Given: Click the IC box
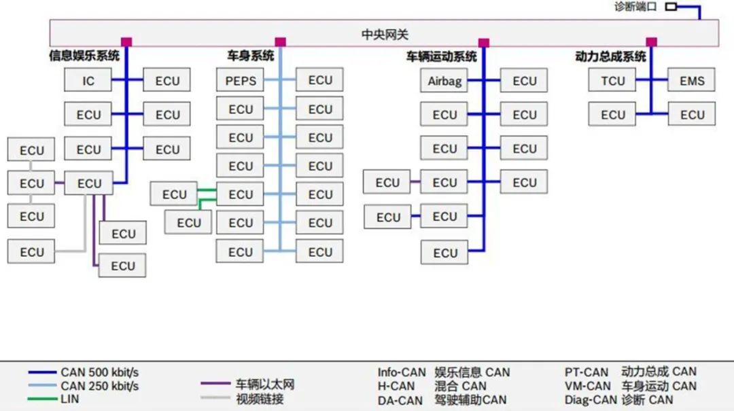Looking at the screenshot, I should point(88,80).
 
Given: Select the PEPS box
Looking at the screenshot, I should point(240,81).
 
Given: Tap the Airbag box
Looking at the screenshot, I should point(444,81).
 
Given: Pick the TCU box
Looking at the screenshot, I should point(612,80).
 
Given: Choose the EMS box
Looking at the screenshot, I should point(692,80).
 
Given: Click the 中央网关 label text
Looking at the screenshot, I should point(385,34).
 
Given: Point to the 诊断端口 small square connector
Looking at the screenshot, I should point(671,7).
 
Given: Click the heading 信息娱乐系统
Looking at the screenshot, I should point(84,56).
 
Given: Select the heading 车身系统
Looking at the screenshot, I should point(250,56).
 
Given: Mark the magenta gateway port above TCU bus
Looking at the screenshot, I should point(651,42).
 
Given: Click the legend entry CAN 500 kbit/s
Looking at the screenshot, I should point(99,372).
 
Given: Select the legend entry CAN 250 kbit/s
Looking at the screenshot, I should point(99,386).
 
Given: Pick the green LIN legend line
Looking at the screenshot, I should point(42,399).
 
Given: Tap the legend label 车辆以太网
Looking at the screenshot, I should point(265,385).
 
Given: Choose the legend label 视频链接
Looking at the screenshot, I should point(260,399).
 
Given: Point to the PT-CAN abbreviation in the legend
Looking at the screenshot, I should point(586,372).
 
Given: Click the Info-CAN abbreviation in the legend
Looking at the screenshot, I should point(402,372).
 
